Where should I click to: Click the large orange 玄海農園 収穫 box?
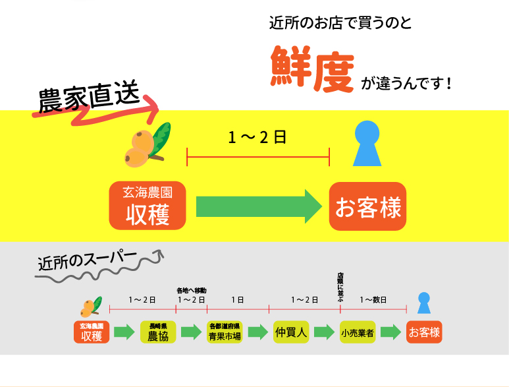tap(147, 206)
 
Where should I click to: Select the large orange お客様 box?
tap(368, 206)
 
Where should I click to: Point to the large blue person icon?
tap(367, 143)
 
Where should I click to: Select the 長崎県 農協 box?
tap(158, 332)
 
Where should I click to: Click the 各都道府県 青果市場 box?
tap(225, 332)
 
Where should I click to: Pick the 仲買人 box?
tap(291, 332)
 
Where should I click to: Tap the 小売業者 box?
tap(358, 332)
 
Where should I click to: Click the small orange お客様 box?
tap(424, 332)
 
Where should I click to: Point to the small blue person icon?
tap(424, 303)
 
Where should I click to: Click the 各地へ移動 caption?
tap(191, 290)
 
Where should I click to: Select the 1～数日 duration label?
tap(373, 300)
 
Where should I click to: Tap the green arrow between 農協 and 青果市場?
tap(191, 332)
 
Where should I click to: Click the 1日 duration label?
tap(237, 300)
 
